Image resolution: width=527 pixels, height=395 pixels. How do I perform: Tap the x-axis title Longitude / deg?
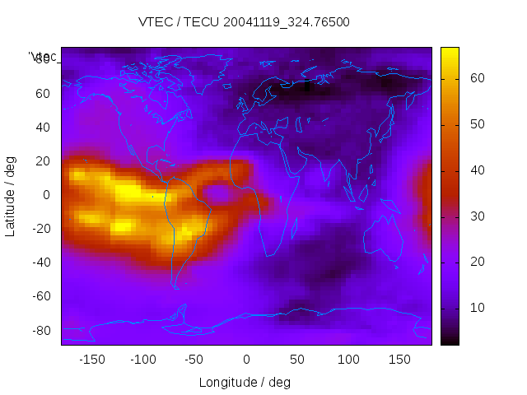tap(245, 382)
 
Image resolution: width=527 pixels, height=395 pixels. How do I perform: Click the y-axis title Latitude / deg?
tap(11, 194)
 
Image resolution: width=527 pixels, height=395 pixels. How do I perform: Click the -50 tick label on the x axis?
tap(194, 360)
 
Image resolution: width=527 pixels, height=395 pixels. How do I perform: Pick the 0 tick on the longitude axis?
tap(246, 360)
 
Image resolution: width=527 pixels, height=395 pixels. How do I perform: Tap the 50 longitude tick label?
tap(297, 360)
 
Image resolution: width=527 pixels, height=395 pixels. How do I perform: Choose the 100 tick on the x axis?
tap(348, 360)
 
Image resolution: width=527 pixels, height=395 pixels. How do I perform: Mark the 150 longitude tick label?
tap(400, 360)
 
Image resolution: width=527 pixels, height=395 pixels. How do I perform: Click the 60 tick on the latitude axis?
tap(42, 93)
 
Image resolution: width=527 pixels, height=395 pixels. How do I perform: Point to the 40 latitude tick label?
tap(42, 127)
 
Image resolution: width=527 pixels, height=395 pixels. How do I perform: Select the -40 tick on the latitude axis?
tap(40, 263)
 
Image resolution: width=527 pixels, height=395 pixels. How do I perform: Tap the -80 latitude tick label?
tap(40, 330)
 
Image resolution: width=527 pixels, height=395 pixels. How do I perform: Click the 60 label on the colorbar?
tap(477, 78)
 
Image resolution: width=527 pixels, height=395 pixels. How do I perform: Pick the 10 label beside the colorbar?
tap(477, 307)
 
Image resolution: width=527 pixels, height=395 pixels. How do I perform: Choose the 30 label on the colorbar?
tap(477, 216)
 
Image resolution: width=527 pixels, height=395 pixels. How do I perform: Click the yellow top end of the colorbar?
tap(450, 53)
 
